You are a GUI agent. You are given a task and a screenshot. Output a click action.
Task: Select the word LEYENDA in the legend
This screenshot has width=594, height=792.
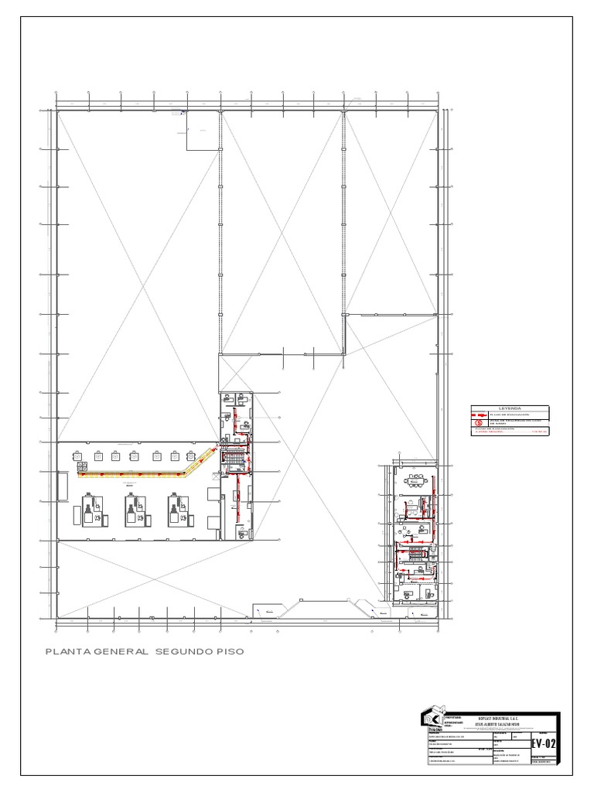point(510,408)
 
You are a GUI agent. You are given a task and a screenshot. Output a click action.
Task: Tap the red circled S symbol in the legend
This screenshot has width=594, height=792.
point(479,422)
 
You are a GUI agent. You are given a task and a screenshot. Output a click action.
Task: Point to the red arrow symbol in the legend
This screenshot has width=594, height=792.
point(479,415)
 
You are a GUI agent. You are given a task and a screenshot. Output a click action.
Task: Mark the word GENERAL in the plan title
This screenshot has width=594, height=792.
point(122,652)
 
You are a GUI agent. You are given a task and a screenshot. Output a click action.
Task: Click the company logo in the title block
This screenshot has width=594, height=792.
point(432,720)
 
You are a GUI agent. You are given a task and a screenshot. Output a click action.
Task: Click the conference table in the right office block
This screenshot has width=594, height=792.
point(418,480)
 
